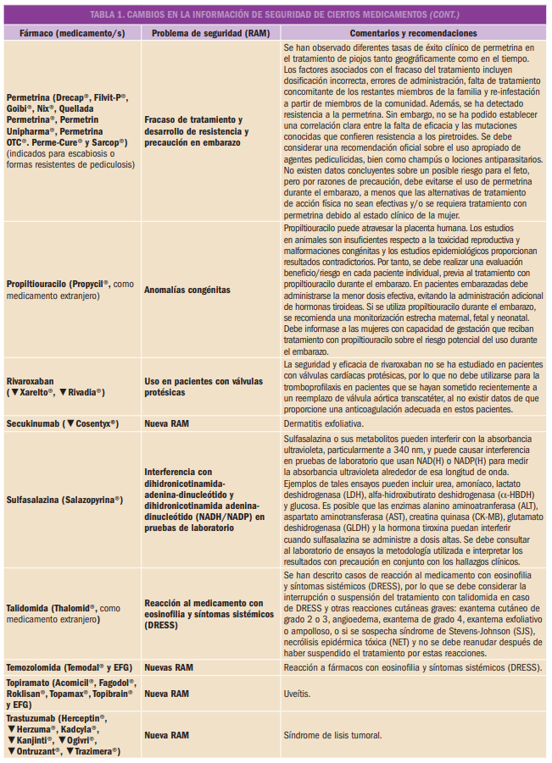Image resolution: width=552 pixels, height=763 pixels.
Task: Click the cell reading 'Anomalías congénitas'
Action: pyautogui.click(x=187, y=290)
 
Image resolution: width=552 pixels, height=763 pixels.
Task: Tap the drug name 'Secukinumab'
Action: pyautogui.click(x=33, y=422)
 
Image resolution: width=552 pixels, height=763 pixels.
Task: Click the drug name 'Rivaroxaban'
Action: pyautogui.click(x=32, y=381)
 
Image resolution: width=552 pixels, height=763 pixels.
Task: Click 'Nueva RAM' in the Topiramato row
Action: pyautogui.click(x=167, y=693)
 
